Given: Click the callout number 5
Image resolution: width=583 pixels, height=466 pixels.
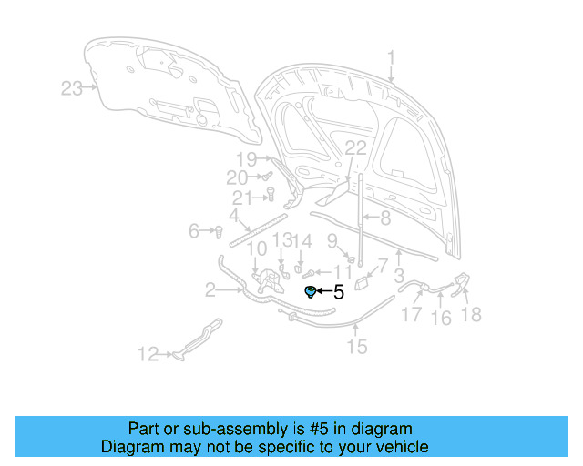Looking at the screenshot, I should click(x=339, y=292).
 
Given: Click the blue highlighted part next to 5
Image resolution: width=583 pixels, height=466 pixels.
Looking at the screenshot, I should click(x=311, y=291).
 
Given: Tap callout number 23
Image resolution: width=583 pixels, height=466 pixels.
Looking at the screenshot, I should click(x=72, y=88).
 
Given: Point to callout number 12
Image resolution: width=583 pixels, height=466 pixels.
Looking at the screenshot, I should click(x=148, y=355).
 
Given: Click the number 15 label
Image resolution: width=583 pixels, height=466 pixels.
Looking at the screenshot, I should click(x=356, y=345).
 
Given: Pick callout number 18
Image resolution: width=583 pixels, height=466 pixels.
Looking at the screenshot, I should click(x=472, y=315).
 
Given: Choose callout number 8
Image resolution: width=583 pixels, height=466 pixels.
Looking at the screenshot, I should click(x=384, y=218).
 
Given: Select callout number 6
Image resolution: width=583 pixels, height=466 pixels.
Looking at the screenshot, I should click(x=194, y=231).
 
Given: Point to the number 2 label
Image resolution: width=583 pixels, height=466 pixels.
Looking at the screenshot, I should click(x=210, y=290).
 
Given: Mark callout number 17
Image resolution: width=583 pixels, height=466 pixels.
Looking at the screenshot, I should click(x=412, y=315).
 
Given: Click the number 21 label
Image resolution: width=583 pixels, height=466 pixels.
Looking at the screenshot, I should click(x=241, y=198).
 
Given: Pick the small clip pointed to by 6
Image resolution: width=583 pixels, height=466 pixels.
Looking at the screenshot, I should click(x=220, y=231).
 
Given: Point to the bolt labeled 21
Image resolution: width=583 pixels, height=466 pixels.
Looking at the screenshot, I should click(x=271, y=192).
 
